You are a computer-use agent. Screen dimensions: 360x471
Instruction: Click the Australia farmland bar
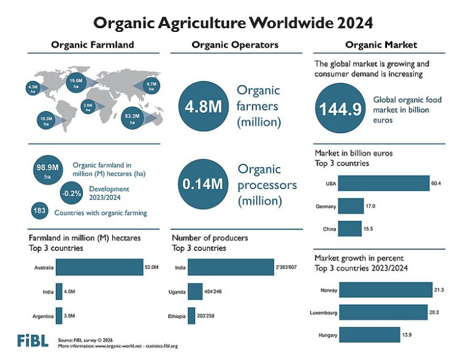[99, 267]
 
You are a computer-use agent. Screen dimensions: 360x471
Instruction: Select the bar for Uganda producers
[195, 291]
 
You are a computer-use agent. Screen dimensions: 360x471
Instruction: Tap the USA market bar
[384, 183]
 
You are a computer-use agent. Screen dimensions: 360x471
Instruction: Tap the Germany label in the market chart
[326, 206]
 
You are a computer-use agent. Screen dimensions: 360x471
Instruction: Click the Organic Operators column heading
[235, 45]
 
